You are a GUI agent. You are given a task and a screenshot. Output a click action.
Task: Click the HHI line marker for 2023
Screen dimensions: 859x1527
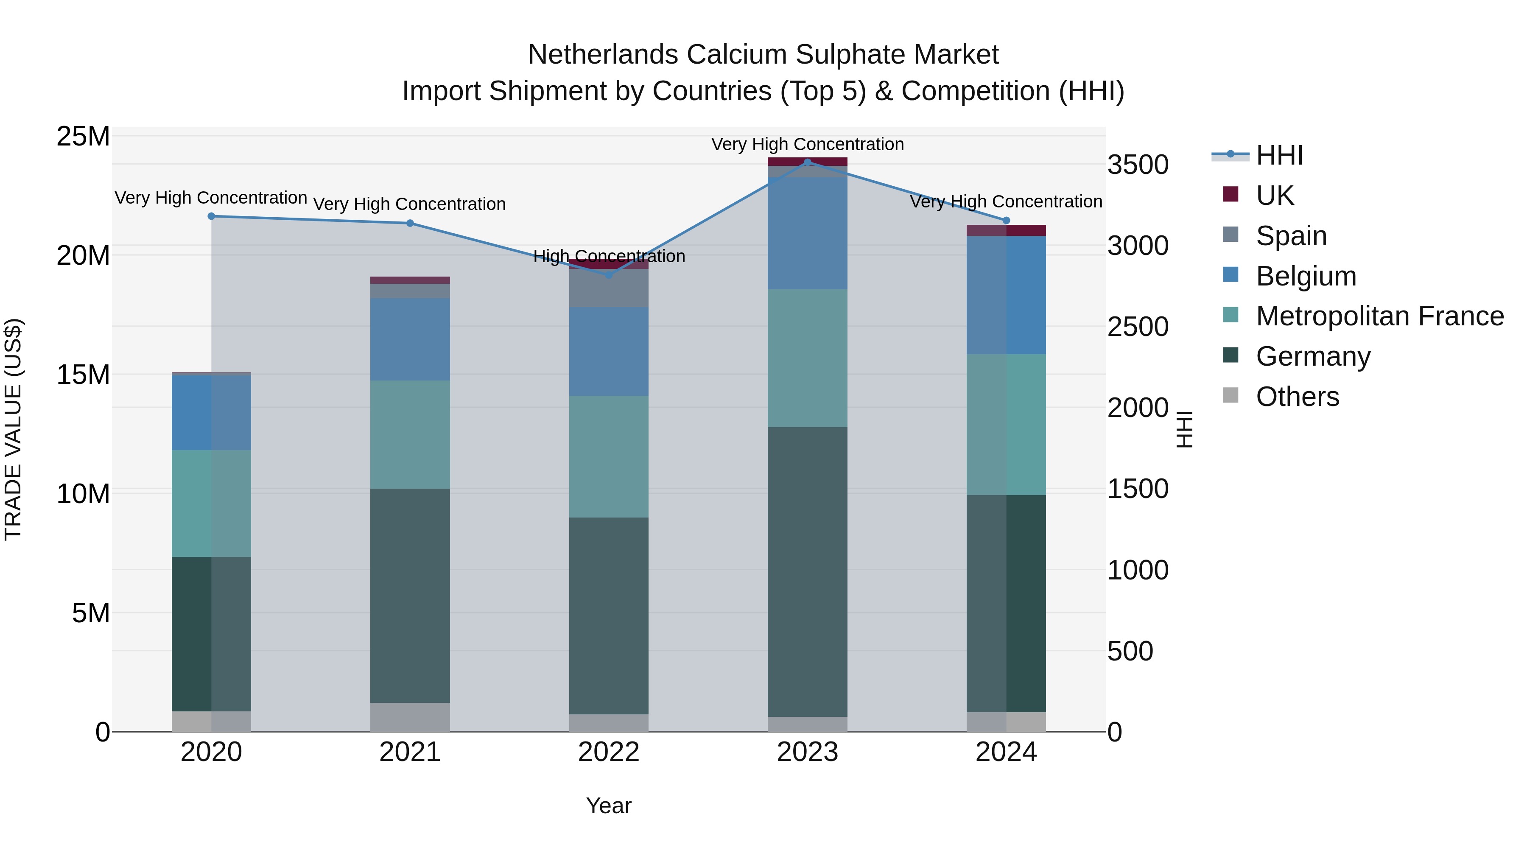point(807,162)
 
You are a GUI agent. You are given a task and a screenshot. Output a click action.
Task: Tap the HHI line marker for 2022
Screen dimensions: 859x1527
point(609,275)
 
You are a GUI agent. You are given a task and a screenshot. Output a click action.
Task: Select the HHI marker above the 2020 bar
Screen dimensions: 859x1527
point(212,216)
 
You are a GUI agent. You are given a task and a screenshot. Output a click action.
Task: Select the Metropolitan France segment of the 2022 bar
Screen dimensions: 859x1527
point(609,456)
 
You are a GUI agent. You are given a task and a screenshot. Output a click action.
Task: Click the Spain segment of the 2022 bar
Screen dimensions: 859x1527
point(609,288)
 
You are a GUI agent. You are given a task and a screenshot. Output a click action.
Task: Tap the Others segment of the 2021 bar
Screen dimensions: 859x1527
point(410,717)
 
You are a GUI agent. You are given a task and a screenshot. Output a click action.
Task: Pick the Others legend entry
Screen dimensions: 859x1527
point(1297,396)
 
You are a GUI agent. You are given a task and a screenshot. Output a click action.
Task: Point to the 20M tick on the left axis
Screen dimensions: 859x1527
point(83,255)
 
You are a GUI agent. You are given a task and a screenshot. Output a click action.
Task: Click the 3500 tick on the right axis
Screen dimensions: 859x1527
point(1138,165)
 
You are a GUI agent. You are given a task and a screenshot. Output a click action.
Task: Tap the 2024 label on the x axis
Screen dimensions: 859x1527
point(1006,752)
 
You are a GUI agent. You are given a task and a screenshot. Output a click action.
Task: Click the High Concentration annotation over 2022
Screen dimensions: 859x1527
point(609,256)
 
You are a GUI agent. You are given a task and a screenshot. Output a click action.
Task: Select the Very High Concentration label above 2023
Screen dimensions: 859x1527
point(807,144)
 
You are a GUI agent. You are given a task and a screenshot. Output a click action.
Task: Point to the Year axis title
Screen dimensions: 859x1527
point(609,806)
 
